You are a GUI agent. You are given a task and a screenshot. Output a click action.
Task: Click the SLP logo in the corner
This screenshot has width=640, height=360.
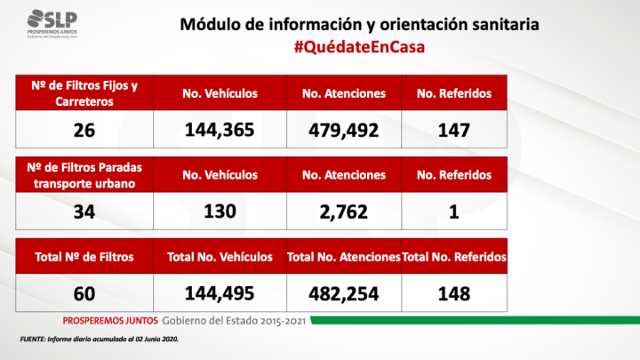click(x=57, y=20)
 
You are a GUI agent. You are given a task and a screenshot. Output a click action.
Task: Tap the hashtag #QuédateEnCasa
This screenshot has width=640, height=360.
click(x=359, y=47)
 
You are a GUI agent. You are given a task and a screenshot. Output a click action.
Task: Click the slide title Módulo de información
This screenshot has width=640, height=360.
click(x=359, y=24)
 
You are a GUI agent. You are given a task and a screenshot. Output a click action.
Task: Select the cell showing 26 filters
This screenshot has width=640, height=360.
click(x=84, y=130)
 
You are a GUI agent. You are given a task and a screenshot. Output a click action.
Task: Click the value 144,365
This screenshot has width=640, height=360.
click(x=220, y=130)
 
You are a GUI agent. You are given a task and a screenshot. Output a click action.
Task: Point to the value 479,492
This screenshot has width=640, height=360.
click(x=343, y=130)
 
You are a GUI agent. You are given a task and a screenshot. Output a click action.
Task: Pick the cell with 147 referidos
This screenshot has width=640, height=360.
click(x=453, y=130)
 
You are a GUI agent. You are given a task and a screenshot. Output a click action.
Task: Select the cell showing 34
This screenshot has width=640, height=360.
click(x=84, y=212)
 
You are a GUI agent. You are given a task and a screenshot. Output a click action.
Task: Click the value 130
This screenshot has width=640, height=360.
click(x=220, y=212)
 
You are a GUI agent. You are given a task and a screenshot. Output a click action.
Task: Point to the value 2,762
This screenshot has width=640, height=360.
click(x=343, y=212)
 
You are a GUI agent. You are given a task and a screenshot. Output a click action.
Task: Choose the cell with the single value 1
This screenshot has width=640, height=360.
click(x=453, y=212)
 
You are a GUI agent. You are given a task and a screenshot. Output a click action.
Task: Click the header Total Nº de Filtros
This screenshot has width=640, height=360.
click(x=84, y=257)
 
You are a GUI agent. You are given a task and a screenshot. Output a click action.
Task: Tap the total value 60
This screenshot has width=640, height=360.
click(x=84, y=292)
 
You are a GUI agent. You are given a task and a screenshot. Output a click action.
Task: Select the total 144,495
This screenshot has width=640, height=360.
click(x=220, y=292)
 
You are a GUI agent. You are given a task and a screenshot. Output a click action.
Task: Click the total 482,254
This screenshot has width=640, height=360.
click(x=343, y=292)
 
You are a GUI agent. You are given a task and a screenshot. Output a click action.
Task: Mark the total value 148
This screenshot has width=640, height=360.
click(x=453, y=292)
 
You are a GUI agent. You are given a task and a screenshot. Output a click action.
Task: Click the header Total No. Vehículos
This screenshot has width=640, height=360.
click(x=220, y=257)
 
